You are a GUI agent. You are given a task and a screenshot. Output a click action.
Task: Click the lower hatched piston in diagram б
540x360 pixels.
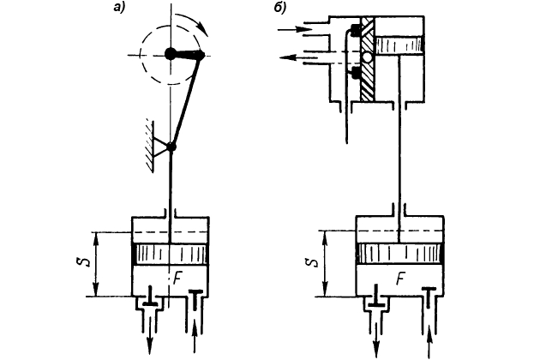(x=399, y=254)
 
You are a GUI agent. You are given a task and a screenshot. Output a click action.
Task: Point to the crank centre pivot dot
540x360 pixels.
(x=171, y=54)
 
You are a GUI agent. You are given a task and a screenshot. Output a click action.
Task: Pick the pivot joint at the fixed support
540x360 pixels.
(x=171, y=147)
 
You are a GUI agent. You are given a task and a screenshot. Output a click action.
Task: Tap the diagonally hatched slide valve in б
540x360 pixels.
(x=368, y=58)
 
